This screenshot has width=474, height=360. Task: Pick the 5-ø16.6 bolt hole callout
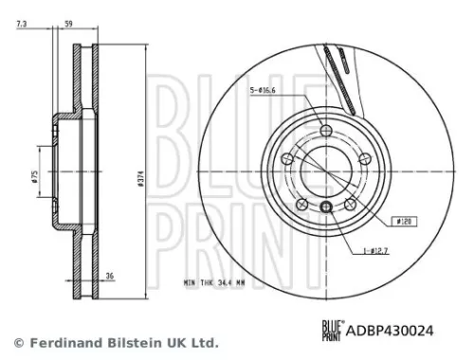263,91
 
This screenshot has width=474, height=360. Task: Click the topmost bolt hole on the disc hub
326,131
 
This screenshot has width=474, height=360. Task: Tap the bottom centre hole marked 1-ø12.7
326,208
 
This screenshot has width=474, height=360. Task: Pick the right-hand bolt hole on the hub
361,157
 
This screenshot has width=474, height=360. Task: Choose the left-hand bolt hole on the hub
291,157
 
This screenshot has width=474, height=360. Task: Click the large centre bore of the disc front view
326,170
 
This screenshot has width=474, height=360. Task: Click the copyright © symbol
16,341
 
